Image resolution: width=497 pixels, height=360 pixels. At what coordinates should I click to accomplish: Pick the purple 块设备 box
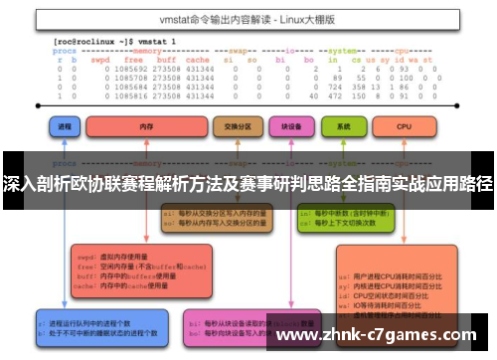tap(291, 128)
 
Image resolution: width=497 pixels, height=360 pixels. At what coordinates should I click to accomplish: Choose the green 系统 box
tap(343, 128)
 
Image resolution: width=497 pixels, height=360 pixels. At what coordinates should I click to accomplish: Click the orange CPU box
tap(404, 128)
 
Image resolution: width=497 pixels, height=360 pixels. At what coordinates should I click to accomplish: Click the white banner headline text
tap(248, 185)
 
